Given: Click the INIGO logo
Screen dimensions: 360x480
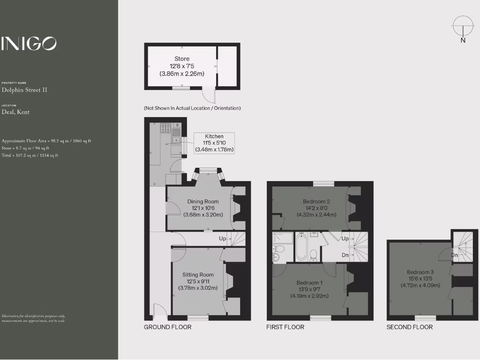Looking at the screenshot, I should tap(29, 44).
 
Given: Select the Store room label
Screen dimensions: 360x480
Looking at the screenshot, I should tap(182, 66).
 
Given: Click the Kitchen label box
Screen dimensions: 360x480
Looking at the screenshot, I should tap(214, 143).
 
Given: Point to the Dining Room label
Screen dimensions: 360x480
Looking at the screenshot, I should tap(203, 208).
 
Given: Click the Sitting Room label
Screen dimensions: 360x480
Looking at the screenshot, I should tap(198, 281).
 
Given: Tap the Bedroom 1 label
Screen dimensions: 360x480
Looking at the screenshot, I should tap(309, 289).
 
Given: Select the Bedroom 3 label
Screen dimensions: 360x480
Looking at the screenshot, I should tap(420, 278).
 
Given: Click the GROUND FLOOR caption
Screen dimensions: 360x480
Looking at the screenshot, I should tap(167, 327).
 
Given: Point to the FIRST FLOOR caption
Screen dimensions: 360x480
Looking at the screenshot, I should tap(285, 327).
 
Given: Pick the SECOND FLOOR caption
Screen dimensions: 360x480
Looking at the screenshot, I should tap(409, 327).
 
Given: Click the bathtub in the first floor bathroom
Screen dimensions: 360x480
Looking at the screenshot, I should tap(301, 247).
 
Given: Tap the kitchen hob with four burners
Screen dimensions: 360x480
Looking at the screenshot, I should tap(166, 127).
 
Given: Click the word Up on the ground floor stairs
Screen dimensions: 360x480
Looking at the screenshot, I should tap(223, 239).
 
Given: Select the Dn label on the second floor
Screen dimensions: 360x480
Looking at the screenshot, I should tap(454, 255).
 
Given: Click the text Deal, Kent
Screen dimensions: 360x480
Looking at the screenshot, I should tap(15, 112).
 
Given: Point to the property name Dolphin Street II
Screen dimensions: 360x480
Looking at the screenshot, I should tap(24, 90).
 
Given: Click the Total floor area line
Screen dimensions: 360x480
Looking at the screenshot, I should tap(30, 155).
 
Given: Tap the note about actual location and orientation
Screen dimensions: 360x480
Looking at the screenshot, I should tap(192, 108).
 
